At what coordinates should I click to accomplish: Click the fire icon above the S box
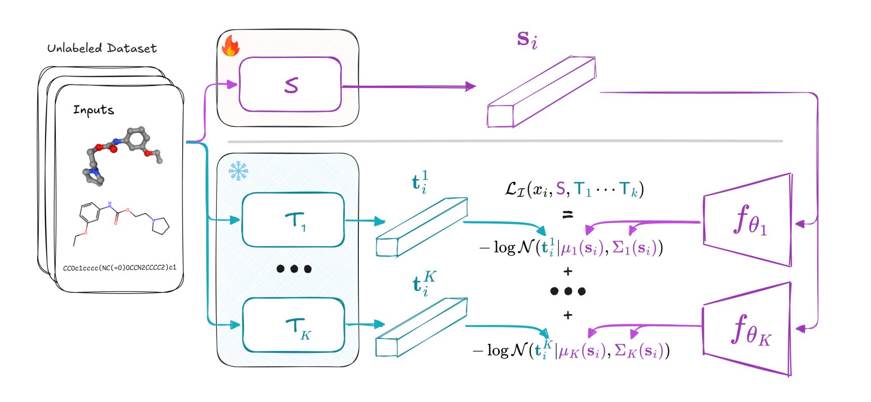coord(230,46)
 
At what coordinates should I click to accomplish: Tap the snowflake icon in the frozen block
coord(238,171)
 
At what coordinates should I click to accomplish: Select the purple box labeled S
coord(290,85)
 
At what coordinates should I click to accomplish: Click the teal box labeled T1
coord(293,220)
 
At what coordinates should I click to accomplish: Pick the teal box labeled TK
coord(294,325)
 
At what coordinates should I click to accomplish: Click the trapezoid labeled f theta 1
coord(747,220)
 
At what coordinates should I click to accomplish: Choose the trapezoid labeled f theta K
coord(747,329)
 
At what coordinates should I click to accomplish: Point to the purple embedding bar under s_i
coord(541,92)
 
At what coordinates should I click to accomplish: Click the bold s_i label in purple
coord(527,39)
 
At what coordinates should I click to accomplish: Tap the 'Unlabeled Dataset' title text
coord(101,48)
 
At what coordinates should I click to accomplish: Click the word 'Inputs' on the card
coord(93,110)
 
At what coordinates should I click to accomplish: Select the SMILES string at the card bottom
coord(120,268)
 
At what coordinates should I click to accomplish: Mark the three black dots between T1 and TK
coord(294,269)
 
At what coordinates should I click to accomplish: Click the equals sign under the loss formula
coord(568,214)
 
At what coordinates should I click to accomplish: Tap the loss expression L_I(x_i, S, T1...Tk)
coord(574,189)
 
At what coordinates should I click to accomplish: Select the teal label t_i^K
coord(423,284)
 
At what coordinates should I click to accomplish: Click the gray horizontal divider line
coord(505,141)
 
